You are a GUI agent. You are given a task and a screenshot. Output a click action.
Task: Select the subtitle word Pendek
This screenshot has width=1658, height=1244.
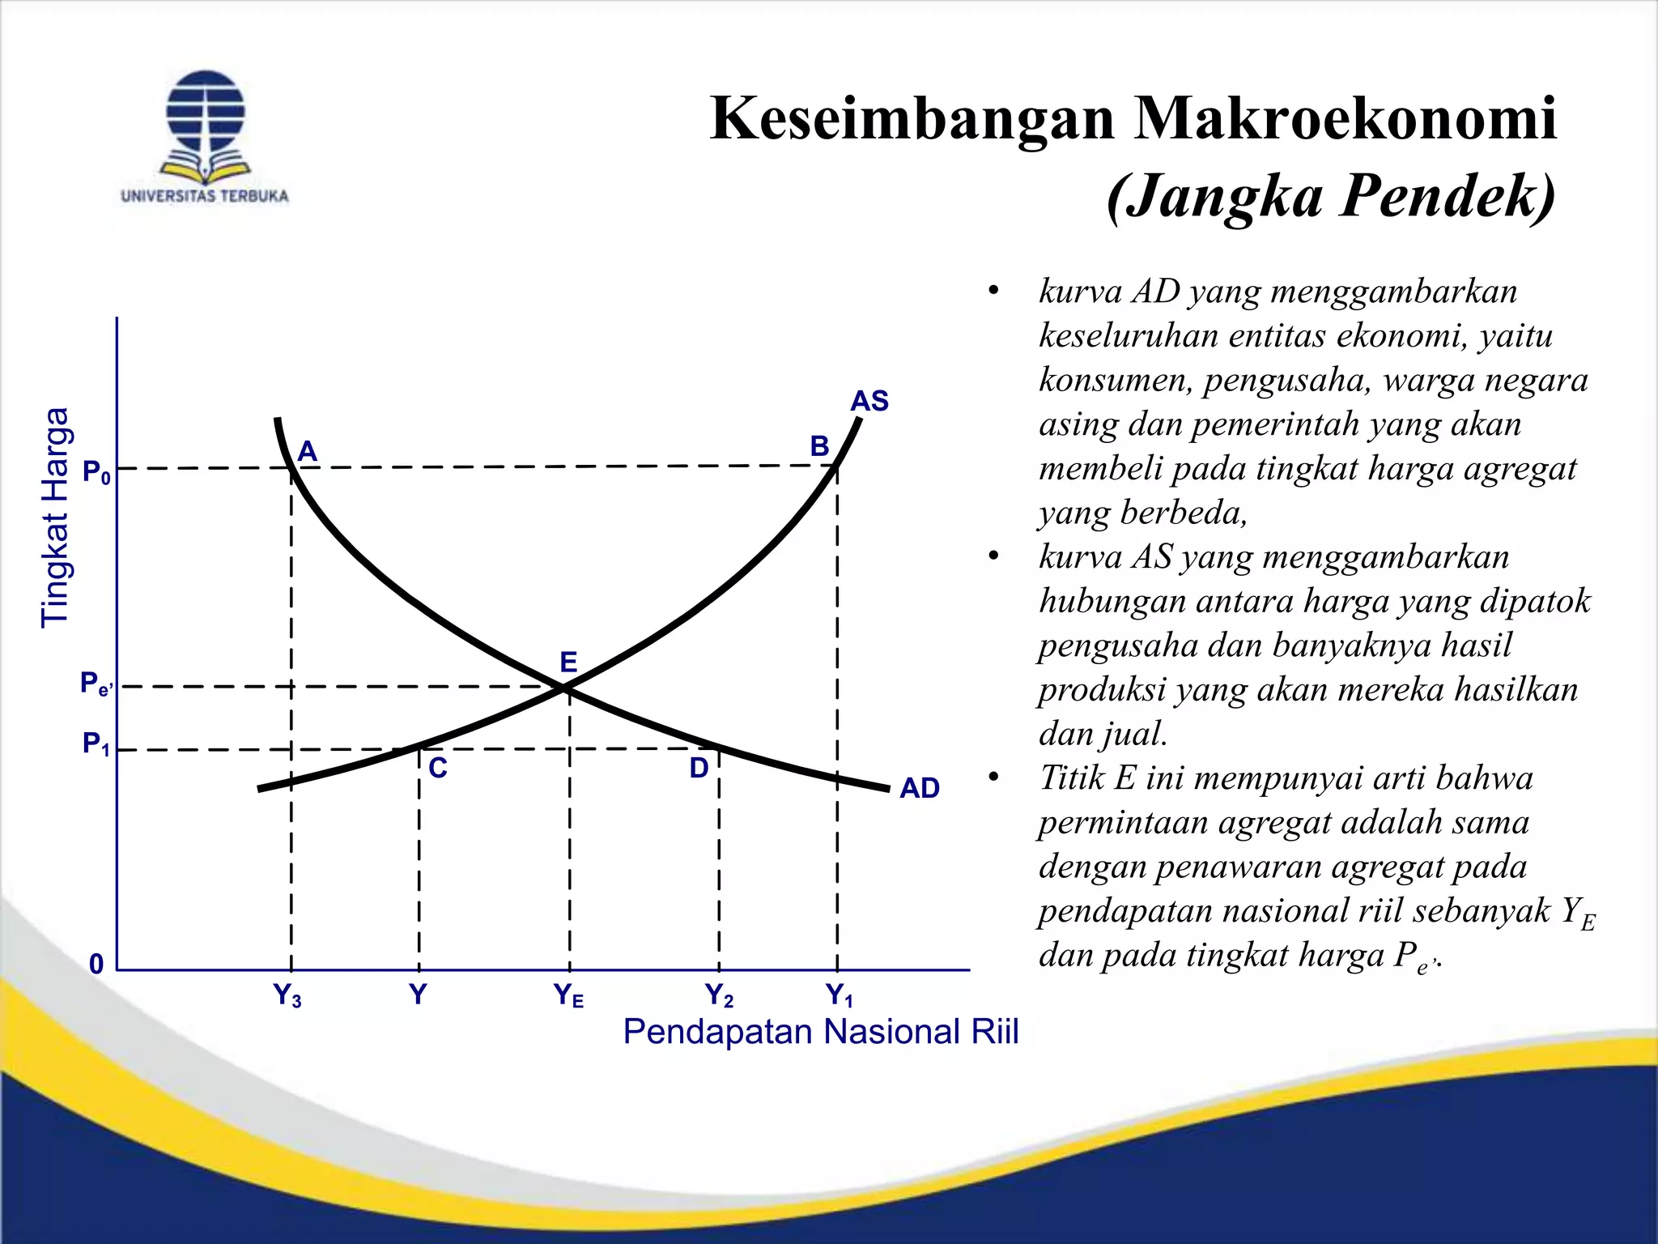point(1447,196)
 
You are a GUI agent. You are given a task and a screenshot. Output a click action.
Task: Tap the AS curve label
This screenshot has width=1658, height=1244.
point(869,401)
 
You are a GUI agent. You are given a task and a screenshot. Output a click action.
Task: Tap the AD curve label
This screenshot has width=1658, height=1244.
point(920,788)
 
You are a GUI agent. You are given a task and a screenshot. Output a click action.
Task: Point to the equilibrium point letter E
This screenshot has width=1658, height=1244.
point(568,662)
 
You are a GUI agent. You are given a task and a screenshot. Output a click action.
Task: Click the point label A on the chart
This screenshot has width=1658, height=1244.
point(308,451)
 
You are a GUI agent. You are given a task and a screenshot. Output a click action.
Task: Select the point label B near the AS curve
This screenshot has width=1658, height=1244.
point(819,446)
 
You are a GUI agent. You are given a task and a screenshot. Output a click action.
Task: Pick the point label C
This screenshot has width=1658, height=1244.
point(437,768)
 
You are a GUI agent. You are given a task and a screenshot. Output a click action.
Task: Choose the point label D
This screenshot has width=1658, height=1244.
point(699,768)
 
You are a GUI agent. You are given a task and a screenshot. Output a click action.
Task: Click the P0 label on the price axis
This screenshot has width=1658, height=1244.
point(96,472)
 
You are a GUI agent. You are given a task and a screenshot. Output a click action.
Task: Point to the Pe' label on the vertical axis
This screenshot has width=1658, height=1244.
point(96,684)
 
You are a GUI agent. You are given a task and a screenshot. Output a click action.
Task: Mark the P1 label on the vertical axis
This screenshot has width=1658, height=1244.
point(96,743)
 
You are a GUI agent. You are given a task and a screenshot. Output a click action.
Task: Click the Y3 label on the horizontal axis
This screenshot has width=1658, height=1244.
point(287,995)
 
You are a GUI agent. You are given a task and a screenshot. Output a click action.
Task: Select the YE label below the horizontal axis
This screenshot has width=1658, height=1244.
point(568,995)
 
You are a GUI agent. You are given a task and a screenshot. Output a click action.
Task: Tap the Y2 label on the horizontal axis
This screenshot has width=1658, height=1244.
point(719,995)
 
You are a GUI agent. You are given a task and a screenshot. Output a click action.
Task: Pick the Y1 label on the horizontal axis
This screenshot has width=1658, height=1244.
point(840,995)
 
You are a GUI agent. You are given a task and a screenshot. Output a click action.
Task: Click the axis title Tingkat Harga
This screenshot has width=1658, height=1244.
point(55,518)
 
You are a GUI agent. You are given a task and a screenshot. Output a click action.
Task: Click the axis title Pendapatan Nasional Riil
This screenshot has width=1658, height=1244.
point(820,1032)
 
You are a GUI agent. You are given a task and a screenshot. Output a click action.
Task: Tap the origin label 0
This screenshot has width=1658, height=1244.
point(96,965)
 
